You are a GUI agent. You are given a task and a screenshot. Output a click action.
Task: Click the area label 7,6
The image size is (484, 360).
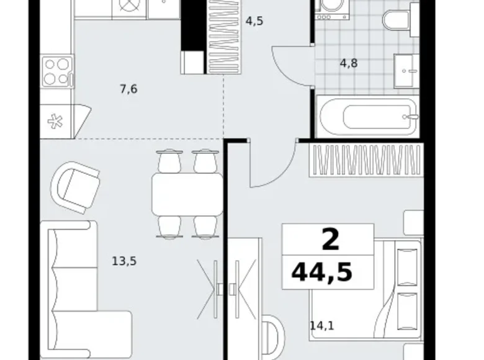(128, 89)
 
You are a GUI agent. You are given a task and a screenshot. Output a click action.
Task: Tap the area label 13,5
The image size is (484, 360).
(124, 261)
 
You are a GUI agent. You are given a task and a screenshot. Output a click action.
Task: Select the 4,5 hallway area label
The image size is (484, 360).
(254, 21)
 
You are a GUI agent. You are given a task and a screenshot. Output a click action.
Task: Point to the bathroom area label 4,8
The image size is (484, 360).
(349, 63)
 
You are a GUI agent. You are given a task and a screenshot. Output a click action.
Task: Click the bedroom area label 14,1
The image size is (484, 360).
(322, 326)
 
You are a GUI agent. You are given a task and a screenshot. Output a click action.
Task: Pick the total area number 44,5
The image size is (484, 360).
(321, 272)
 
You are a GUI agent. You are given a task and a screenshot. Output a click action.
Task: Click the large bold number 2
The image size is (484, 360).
(330, 240)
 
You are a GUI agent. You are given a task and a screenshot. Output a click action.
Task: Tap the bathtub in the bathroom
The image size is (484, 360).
(367, 117)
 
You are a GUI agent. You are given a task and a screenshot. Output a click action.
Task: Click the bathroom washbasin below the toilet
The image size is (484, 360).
(406, 71)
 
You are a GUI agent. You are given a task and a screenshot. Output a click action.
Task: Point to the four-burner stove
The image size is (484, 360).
(58, 72)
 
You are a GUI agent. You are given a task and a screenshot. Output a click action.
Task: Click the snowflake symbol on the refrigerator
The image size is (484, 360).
(55, 121)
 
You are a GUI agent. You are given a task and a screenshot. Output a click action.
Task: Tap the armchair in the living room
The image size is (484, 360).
(76, 187)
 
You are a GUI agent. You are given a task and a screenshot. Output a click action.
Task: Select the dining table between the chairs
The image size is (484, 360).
(187, 194)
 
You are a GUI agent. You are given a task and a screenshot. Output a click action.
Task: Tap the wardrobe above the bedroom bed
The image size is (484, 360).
(366, 161)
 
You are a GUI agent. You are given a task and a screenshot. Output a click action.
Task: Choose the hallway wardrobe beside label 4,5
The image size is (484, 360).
(225, 37)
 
